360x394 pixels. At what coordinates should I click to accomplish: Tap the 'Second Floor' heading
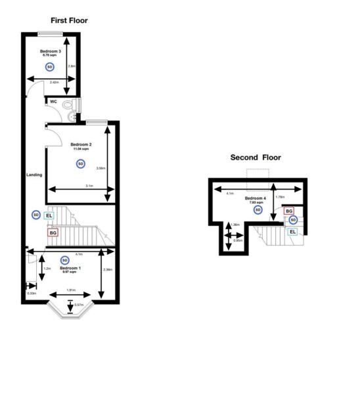256,158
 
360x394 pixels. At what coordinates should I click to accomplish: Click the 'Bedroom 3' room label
51,51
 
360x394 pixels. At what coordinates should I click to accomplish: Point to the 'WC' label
53,101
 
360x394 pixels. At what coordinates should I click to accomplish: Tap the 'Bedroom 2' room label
81,144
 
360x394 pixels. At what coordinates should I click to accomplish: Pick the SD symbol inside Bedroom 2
80,163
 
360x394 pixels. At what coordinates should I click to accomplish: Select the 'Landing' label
34,175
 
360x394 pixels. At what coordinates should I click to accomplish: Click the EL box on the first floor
50,215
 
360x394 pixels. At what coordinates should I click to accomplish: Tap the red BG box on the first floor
53,232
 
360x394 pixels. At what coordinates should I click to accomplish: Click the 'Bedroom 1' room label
70,268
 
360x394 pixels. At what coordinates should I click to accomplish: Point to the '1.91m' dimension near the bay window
71,290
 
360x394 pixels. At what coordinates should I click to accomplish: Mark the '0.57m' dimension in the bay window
79,305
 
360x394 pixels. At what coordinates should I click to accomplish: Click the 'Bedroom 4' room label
256,198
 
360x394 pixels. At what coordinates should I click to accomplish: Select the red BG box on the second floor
288,211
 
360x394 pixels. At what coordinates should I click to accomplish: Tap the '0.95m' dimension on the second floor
238,240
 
